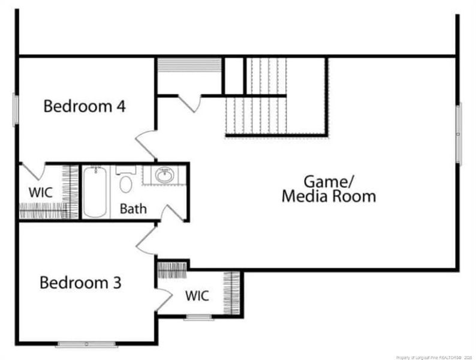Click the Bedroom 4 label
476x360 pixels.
[85, 107]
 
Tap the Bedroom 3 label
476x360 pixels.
[80, 282]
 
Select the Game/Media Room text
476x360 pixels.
[329, 188]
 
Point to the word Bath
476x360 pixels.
[132, 209]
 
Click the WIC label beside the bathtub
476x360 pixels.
[41, 193]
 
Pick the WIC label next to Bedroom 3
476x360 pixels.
[197, 296]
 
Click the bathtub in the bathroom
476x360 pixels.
[95, 192]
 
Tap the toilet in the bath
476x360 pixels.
[126, 182]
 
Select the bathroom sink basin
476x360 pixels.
[164, 176]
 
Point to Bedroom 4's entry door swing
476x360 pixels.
[146, 145]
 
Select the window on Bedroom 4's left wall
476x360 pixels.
[16, 110]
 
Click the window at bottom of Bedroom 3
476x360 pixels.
[86, 344]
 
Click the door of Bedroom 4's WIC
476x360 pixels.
[31, 171]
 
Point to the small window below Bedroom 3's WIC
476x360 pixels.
[198, 317]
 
